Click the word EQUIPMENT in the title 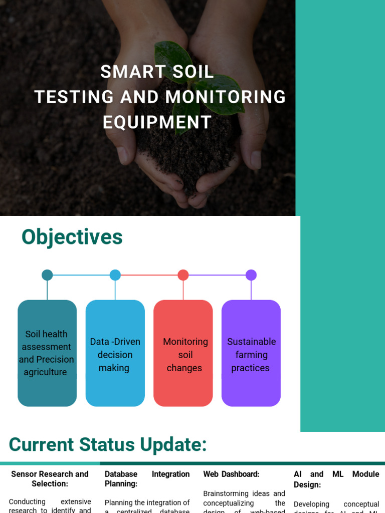click(x=157, y=122)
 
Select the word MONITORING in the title click(x=226, y=97)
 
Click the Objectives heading click(x=72, y=237)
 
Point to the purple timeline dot click(x=251, y=275)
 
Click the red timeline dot click(x=183, y=275)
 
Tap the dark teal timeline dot click(x=47, y=275)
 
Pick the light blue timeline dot click(x=115, y=275)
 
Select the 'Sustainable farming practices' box click(x=251, y=353)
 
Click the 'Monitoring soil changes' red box click(x=183, y=353)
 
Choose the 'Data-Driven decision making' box click(x=115, y=353)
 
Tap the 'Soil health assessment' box click(x=47, y=353)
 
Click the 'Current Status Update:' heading click(x=108, y=445)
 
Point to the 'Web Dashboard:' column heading click(x=231, y=474)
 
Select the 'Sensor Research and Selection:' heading click(x=50, y=479)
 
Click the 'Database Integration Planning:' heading click(x=147, y=479)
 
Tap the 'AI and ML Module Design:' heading click(x=336, y=479)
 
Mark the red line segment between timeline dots click(x=149, y=275)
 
